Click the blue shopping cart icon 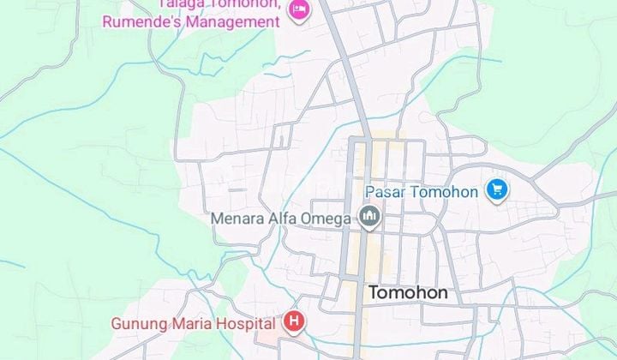point(496,190)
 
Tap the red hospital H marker point(294,322)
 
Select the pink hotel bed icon point(298,10)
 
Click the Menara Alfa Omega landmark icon point(369,218)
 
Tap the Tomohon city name point(408,293)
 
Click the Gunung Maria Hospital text point(195,323)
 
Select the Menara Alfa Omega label point(281,219)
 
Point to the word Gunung point(138,324)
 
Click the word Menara point(237,219)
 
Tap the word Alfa point(284,219)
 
